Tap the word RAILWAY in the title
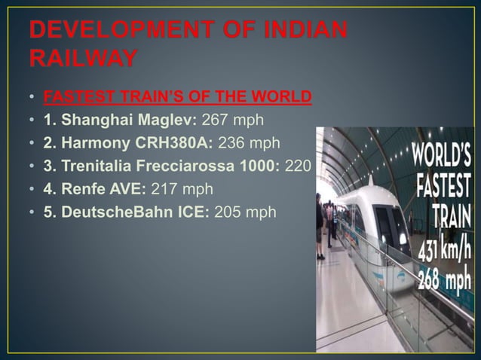[x=83, y=57]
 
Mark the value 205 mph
[x=245, y=212]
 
